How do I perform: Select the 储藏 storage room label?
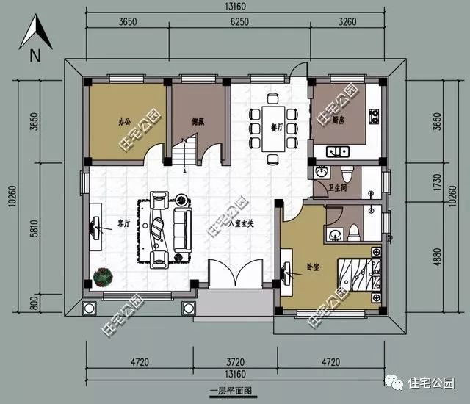(198, 121)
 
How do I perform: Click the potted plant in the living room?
(104, 277)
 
